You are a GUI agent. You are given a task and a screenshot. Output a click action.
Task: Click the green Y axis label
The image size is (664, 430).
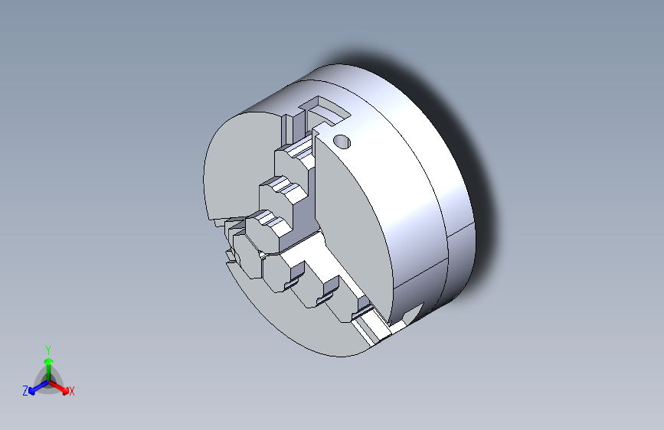click(x=47, y=348)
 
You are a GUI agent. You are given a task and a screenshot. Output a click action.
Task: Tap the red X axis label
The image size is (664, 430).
click(x=71, y=392)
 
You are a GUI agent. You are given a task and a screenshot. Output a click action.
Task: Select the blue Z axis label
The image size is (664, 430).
click(x=25, y=391)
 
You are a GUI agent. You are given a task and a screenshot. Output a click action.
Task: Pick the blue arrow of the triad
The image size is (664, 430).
click(x=35, y=387)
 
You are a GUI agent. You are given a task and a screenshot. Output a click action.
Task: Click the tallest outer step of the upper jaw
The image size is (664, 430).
click(x=295, y=157)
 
